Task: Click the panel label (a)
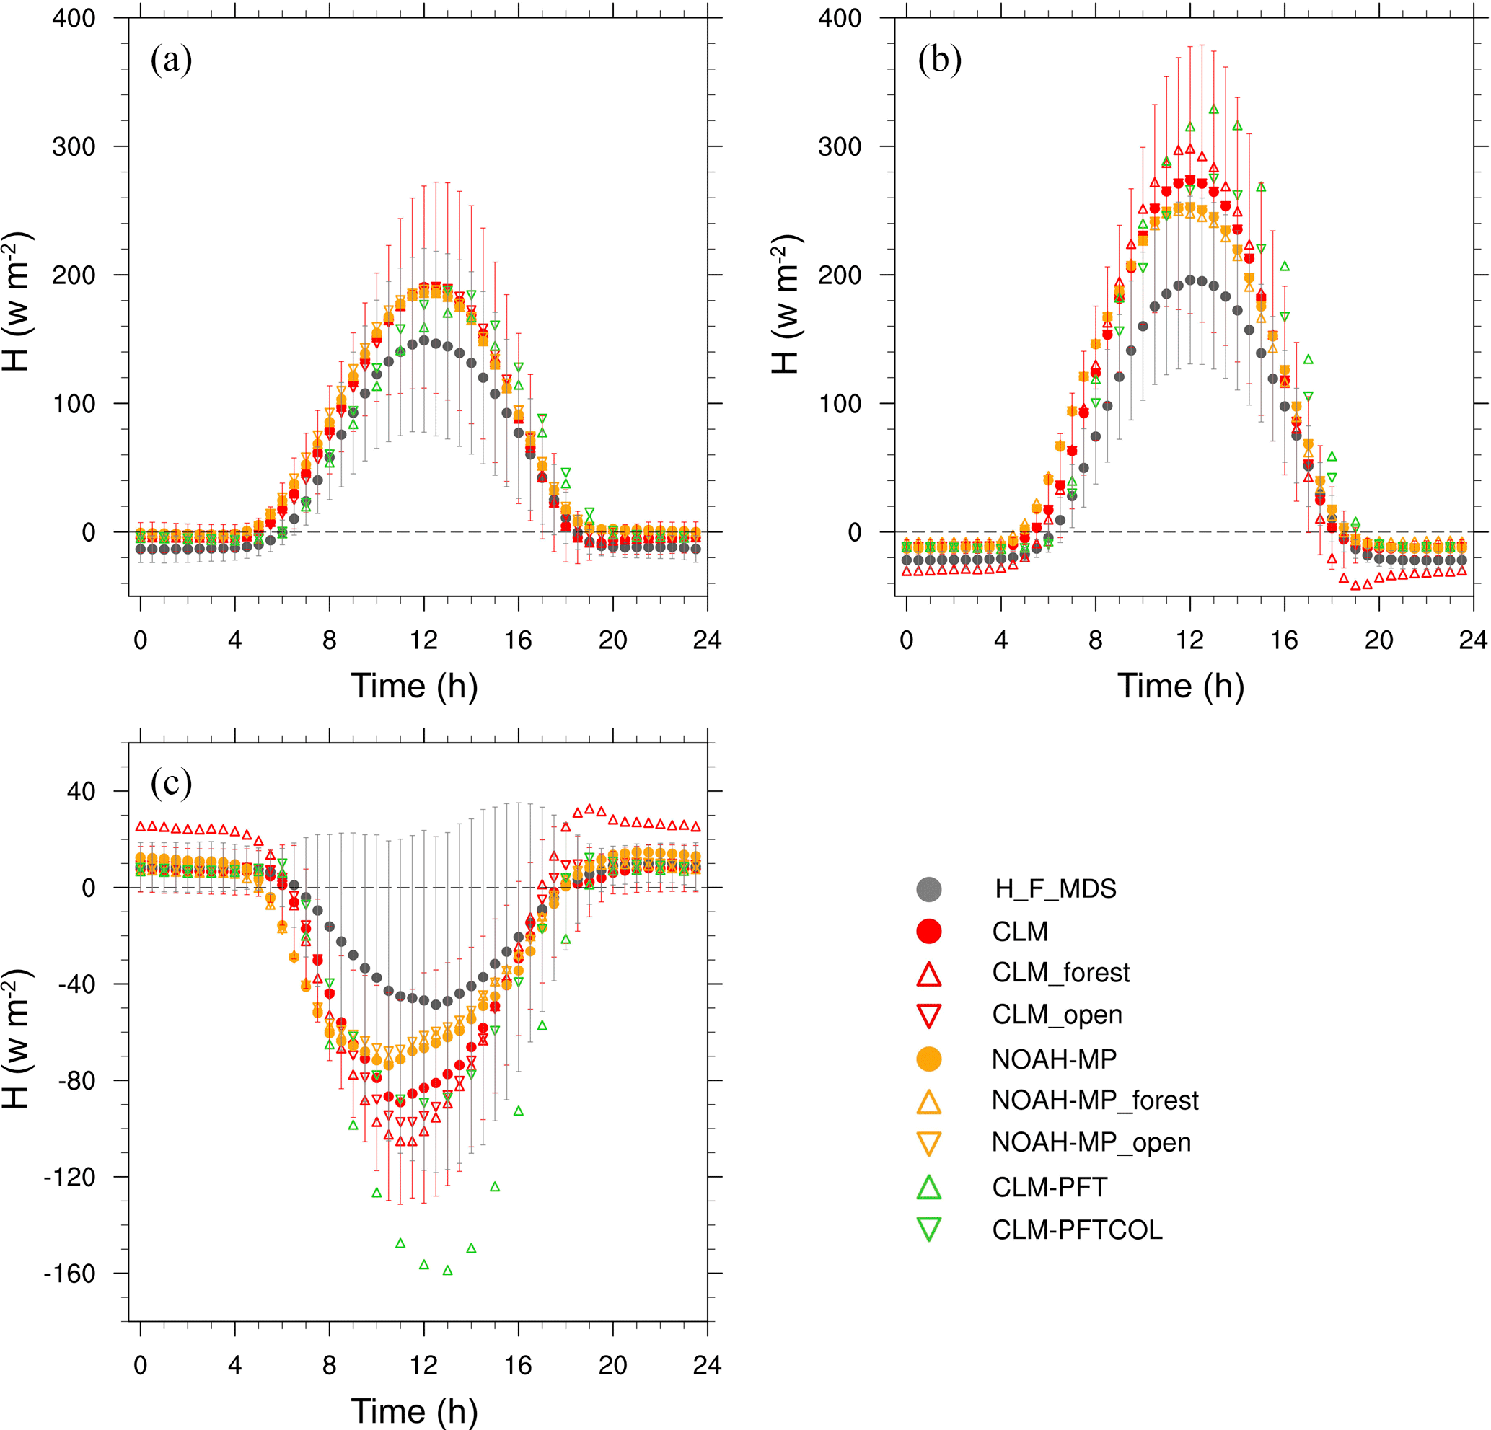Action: [x=171, y=59]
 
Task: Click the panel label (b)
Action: [x=939, y=59]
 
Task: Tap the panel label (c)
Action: [x=171, y=782]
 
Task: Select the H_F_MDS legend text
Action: [x=1055, y=888]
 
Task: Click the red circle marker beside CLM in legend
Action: [x=929, y=931]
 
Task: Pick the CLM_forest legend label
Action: [x=1060, y=973]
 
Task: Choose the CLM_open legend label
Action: [x=1057, y=1015]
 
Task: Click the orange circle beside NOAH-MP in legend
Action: [x=929, y=1059]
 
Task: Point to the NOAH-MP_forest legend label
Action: [x=1095, y=1100]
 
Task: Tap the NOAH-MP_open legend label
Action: [x=1091, y=1142]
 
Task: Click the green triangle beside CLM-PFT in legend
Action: [x=929, y=1186]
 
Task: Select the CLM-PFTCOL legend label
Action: [x=1077, y=1230]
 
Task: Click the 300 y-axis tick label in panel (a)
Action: [x=74, y=147]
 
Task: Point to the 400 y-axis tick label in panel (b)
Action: [x=840, y=18]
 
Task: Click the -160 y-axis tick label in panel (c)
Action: [x=69, y=1274]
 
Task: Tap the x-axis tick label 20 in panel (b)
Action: [x=1378, y=640]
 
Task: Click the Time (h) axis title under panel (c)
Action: [x=415, y=1411]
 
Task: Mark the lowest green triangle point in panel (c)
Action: [x=447, y=1270]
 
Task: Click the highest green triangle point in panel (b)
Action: [x=1213, y=110]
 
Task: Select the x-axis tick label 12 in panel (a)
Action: [x=423, y=640]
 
